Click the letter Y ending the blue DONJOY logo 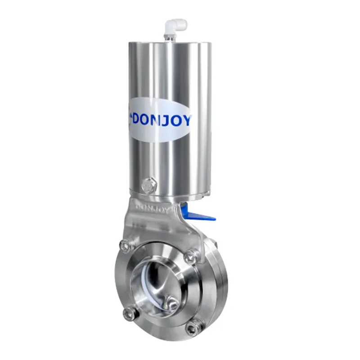pos(186,120)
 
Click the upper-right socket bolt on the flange pos(193,256)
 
